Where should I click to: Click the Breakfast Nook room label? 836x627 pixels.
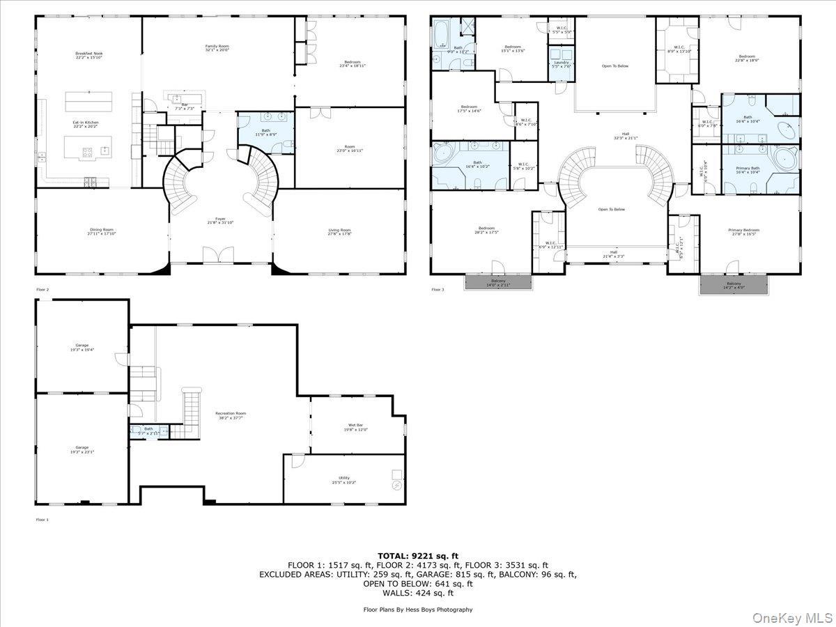click(88, 56)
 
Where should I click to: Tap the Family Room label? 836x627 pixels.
click(217, 48)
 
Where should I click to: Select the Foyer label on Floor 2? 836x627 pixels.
click(220, 221)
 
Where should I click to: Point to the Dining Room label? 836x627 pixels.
click(101, 232)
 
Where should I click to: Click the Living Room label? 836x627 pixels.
click(339, 232)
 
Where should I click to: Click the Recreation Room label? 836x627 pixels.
click(230, 415)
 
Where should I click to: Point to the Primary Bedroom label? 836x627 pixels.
click(743, 232)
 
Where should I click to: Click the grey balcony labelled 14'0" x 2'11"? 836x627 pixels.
click(497, 283)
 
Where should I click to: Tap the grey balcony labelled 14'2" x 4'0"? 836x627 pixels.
click(734, 285)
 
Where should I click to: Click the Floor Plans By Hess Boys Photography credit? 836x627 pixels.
click(417, 610)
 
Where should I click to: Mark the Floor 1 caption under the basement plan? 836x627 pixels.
click(42, 520)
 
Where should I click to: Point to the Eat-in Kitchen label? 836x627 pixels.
click(86, 125)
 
